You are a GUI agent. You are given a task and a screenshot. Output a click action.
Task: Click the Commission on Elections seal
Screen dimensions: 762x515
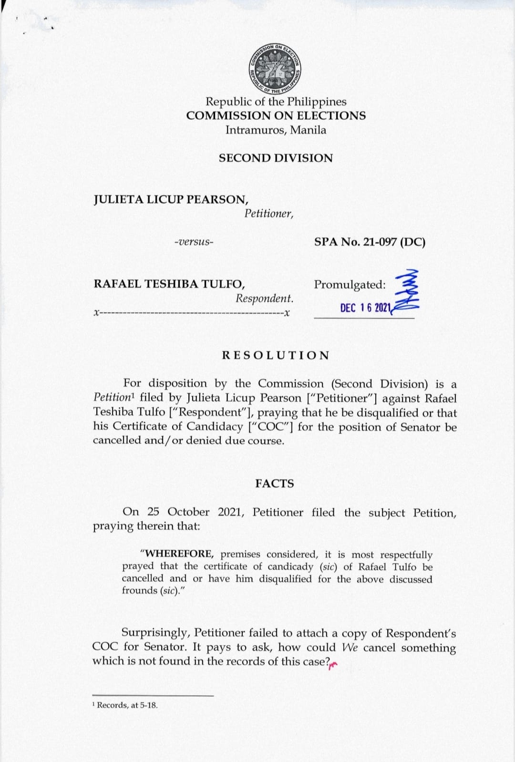click(x=276, y=69)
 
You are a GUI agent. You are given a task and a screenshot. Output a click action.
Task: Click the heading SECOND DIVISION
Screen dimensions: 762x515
click(x=276, y=158)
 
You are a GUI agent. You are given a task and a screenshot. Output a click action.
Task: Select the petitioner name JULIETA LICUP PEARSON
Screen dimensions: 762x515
click(x=171, y=200)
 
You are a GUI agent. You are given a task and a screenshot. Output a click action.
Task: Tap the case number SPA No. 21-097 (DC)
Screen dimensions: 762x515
click(x=370, y=242)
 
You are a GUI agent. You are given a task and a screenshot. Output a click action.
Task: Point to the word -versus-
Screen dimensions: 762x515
click(x=194, y=242)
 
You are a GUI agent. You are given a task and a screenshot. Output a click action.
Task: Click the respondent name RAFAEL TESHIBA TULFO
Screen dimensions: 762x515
click(x=169, y=284)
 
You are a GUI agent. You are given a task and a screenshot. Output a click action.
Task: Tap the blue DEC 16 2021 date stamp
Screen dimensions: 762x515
click(x=365, y=308)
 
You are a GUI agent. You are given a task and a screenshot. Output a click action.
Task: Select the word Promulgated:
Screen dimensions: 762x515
click(x=350, y=285)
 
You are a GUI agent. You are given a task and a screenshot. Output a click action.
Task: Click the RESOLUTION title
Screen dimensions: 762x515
click(x=276, y=355)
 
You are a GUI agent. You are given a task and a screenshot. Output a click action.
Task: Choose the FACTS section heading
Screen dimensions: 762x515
click(x=275, y=484)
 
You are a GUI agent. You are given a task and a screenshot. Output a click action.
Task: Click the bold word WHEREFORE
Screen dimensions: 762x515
click(x=179, y=554)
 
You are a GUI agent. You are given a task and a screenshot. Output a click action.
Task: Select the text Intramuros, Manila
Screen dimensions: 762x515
click(x=276, y=130)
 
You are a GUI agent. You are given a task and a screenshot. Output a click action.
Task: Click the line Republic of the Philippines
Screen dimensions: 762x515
click(x=276, y=102)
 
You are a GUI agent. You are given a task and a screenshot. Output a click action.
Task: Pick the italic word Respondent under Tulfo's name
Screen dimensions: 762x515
click(x=264, y=299)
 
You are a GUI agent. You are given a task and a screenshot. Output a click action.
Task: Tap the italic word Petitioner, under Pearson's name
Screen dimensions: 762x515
click(x=269, y=214)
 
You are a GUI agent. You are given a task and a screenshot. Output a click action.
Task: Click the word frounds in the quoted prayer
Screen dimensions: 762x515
click(x=139, y=590)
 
